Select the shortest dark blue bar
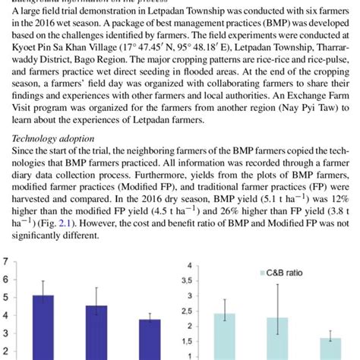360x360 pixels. (x=150, y=339)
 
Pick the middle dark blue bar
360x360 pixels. (x=96, y=333)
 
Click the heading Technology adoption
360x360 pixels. (x=48, y=141)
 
